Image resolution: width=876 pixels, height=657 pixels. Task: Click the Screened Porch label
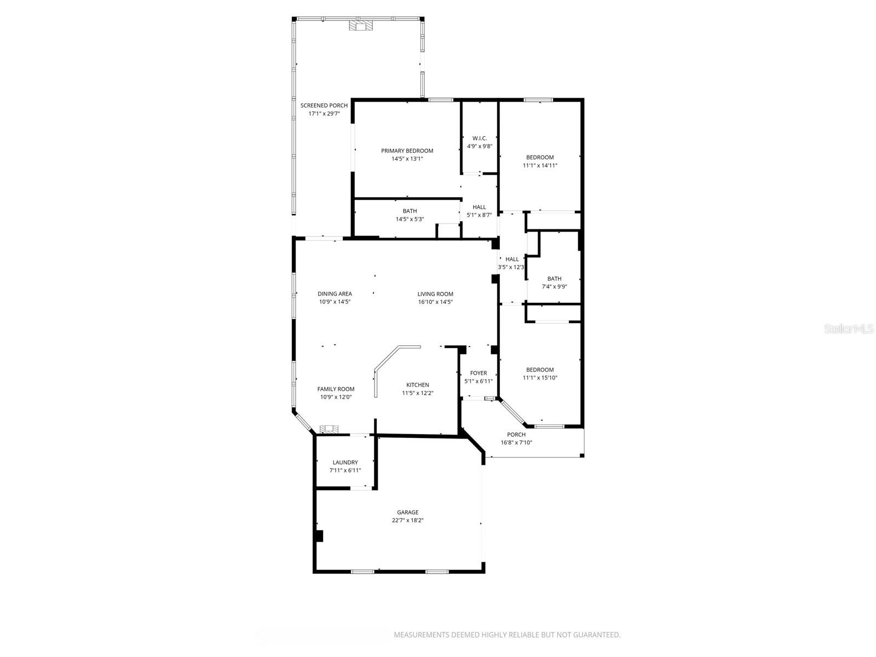pyautogui.click(x=324, y=106)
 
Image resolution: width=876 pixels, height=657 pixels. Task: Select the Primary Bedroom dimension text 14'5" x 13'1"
pyautogui.click(x=407, y=159)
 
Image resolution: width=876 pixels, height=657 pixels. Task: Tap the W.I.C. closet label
pyautogui.click(x=480, y=139)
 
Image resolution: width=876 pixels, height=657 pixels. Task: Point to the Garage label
pyautogui.click(x=408, y=512)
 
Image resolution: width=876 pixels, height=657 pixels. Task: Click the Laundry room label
pyautogui.click(x=345, y=462)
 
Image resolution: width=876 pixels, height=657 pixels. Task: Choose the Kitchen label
pyautogui.click(x=417, y=385)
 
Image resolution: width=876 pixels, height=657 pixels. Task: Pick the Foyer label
pyautogui.click(x=479, y=373)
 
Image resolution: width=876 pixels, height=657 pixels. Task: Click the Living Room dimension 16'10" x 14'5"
pyautogui.click(x=435, y=302)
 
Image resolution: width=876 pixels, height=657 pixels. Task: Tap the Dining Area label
pyautogui.click(x=335, y=294)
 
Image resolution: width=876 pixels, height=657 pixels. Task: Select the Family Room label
pyautogui.click(x=336, y=389)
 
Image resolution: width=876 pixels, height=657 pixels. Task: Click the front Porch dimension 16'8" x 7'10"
pyautogui.click(x=516, y=442)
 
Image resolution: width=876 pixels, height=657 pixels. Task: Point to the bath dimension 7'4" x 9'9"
pyautogui.click(x=554, y=286)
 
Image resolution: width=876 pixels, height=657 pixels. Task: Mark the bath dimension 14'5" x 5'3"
pyautogui.click(x=410, y=219)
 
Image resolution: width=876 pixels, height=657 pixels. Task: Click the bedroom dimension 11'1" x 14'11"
pyautogui.click(x=540, y=165)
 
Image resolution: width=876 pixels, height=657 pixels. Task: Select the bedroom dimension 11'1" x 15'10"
pyautogui.click(x=540, y=378)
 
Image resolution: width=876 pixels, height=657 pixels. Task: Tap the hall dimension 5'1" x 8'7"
pyautogui.click(x=479, y=215)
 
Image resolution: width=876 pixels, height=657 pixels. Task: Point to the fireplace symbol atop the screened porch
pyautogui.click(x=360, y=25)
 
